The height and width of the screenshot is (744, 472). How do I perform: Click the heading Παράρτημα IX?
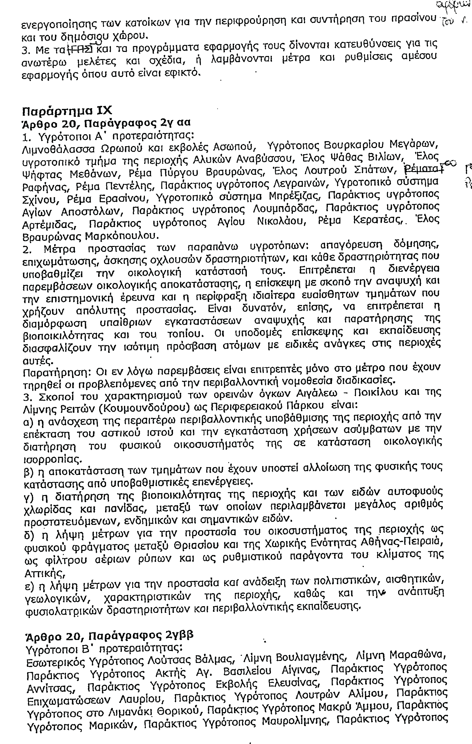click(x=67, y=110)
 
